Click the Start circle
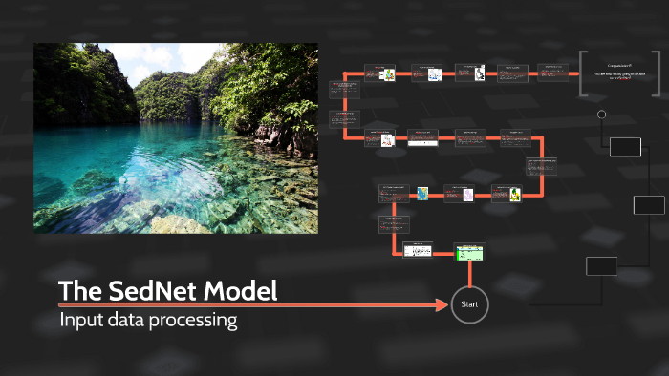[469, 304]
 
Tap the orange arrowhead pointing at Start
[442, 304]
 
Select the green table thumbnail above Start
[468, 251]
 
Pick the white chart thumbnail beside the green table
[419, 251]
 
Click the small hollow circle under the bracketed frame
[601, 115]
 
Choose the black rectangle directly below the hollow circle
[625, 146]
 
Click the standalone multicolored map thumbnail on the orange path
[422, 194]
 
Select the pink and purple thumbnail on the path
[468, 195]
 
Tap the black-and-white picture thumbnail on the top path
[480, 72]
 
